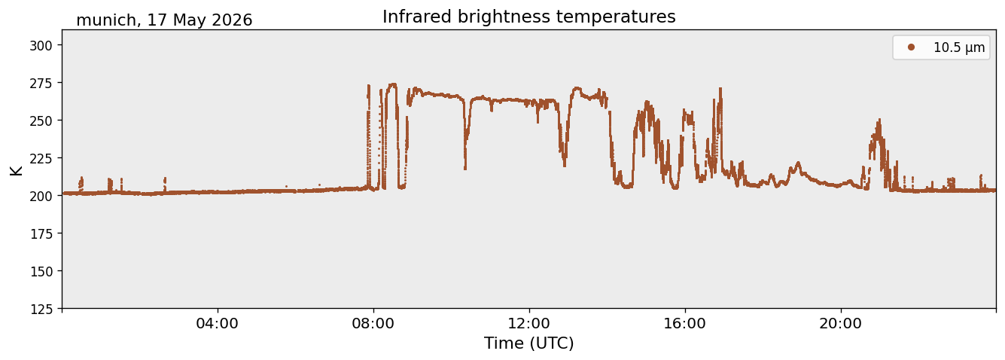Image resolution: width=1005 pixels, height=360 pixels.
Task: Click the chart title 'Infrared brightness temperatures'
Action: tap(529, 17)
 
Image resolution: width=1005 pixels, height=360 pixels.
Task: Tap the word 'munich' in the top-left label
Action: tap(106, 20)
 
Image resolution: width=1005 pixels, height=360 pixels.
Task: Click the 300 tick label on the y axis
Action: tap(41, 45)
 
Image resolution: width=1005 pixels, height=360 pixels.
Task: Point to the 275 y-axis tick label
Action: tap(41, 83)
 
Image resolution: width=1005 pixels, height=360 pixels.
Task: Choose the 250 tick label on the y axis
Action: tap(41, 121)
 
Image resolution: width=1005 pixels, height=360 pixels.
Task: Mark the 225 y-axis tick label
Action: tap(41, 158)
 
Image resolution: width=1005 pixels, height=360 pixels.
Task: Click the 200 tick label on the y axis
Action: tap(41, 196)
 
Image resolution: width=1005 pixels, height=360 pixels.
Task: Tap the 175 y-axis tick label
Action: tap(41, 234)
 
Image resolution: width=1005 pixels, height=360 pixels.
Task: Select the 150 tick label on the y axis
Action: tap(41, 272)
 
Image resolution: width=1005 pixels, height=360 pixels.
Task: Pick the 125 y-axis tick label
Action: tap(41, 310)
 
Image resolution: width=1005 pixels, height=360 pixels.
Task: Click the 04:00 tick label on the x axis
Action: tap(218, 323)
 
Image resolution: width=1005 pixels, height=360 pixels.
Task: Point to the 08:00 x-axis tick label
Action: tap(373, 323)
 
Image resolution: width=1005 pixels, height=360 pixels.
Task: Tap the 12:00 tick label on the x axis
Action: tap(529, 323)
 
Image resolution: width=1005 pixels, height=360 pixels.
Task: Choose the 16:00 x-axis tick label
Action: tap(684, 323)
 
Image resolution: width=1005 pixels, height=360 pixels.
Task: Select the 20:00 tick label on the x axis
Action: tap(840, 323)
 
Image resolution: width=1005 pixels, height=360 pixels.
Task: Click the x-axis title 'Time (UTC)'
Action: tap(529, 343)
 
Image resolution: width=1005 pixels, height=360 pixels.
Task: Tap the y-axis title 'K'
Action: tap(16, 170)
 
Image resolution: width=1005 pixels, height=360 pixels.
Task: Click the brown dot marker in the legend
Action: tap(911, 47)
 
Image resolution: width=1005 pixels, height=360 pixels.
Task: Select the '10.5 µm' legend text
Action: tap(959, 47)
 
